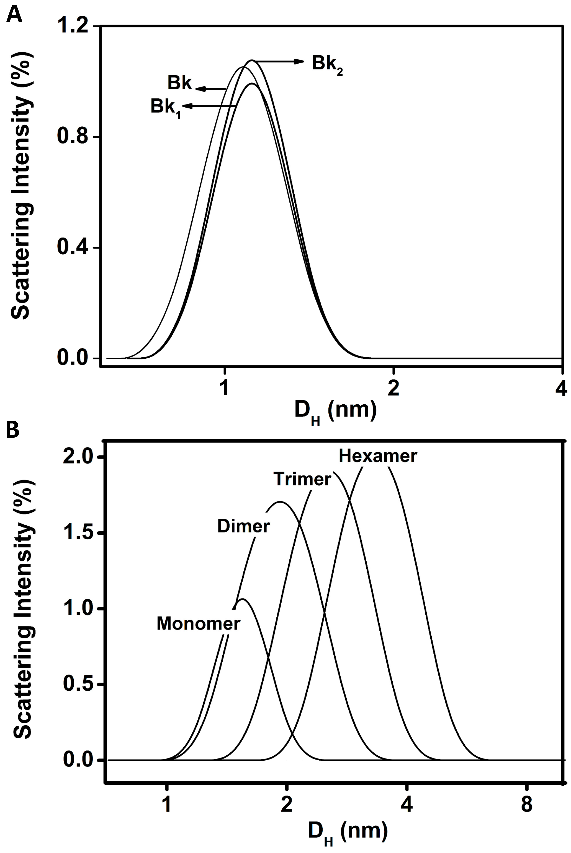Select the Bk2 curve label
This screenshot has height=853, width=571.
[327, 64]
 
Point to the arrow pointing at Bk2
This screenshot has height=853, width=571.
[279, 61]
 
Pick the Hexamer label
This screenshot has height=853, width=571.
[378, 456]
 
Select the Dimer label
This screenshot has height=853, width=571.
[243, 526]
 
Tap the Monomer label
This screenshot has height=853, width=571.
[198, 623]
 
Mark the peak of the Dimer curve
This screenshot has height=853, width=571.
[280, 502]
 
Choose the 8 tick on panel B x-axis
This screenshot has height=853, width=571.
[527, 804]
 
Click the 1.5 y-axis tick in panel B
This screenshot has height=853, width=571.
[78, 532]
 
